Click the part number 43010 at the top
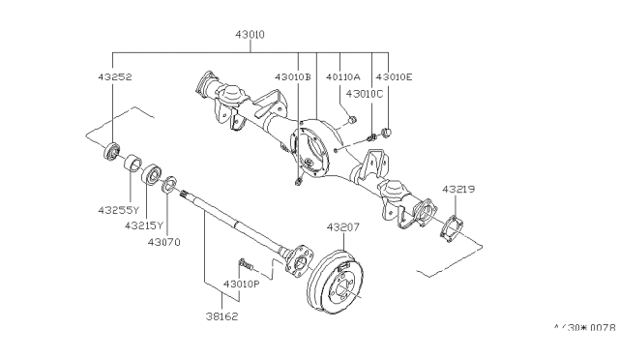(x=250, y=35)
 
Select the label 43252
(x=115, y=76)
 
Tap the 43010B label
(x=293, y=76)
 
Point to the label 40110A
(x=343, y=76)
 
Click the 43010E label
(x=394, y=76)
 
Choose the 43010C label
(x=365, y=94)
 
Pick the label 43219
(x=458, y=189)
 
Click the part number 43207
(x=343, y=227)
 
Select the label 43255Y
(x=119, y=210)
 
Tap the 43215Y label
(x=144, y=225)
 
